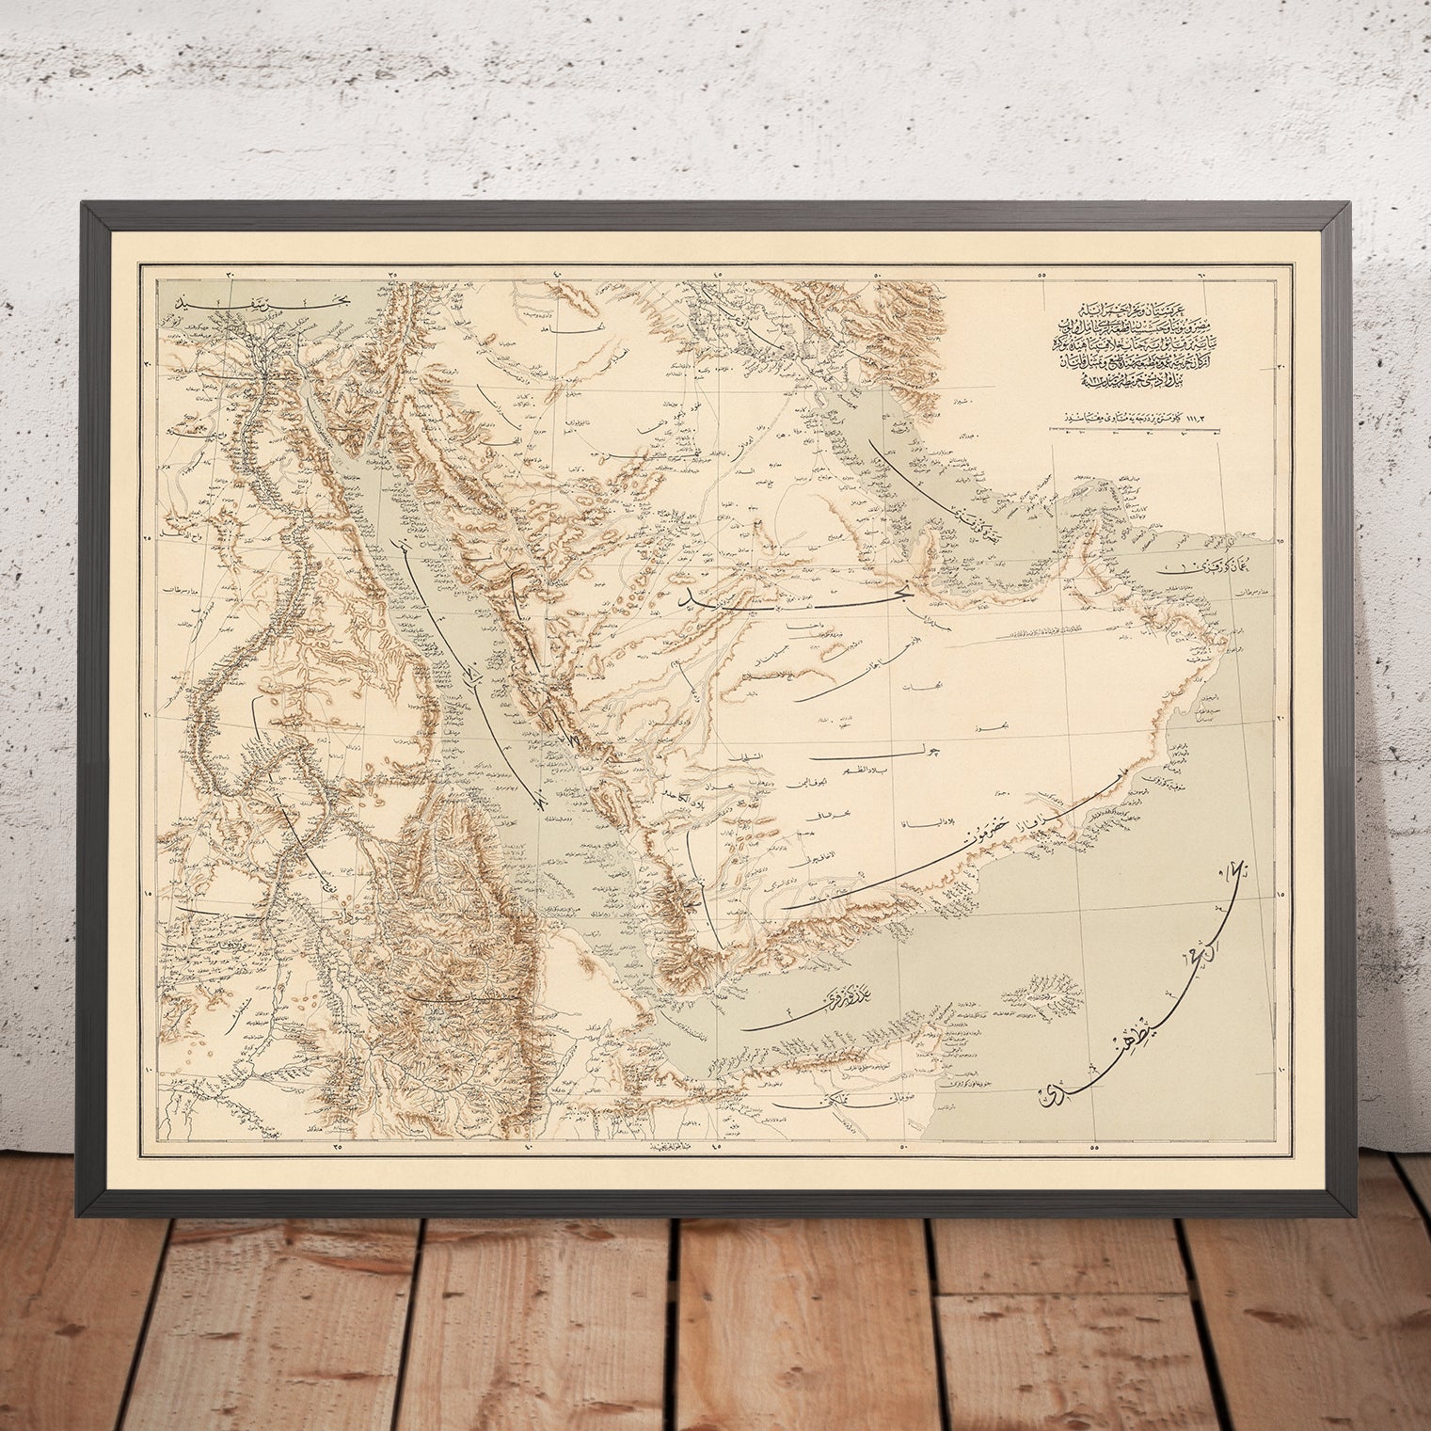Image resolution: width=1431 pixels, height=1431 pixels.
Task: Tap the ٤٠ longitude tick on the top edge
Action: coord(555,274)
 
